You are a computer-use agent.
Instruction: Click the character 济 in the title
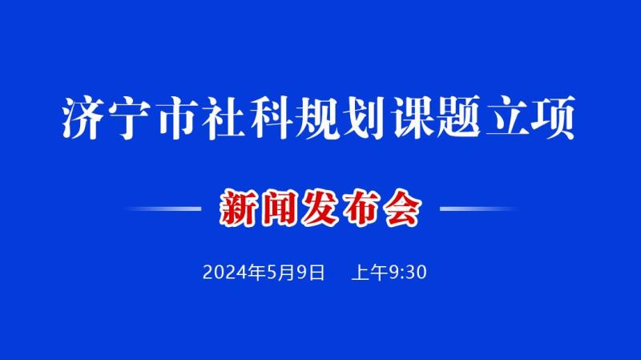[82, 118]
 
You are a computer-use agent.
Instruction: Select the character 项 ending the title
[554, 118]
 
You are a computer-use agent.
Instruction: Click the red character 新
[239, 208]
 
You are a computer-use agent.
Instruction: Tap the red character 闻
[280, 208]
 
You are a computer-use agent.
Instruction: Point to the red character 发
[321, 208]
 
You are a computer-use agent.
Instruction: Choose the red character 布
[362, 208]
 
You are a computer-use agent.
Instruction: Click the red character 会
[403, 208]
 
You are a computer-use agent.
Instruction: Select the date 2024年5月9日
[264, 273]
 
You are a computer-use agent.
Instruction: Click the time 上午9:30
[389, 273]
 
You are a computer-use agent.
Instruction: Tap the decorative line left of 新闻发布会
[163, 208]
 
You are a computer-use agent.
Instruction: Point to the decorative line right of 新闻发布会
[478, 208]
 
